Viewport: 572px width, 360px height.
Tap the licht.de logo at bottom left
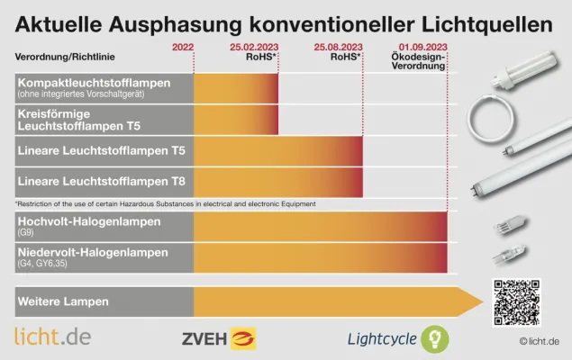coord(52,337)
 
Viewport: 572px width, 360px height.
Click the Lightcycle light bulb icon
coord(436,338)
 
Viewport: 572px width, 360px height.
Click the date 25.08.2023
coord(339,46)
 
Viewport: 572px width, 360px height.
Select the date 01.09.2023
coord(422,46)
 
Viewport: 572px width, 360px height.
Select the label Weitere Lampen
coord(63,301)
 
